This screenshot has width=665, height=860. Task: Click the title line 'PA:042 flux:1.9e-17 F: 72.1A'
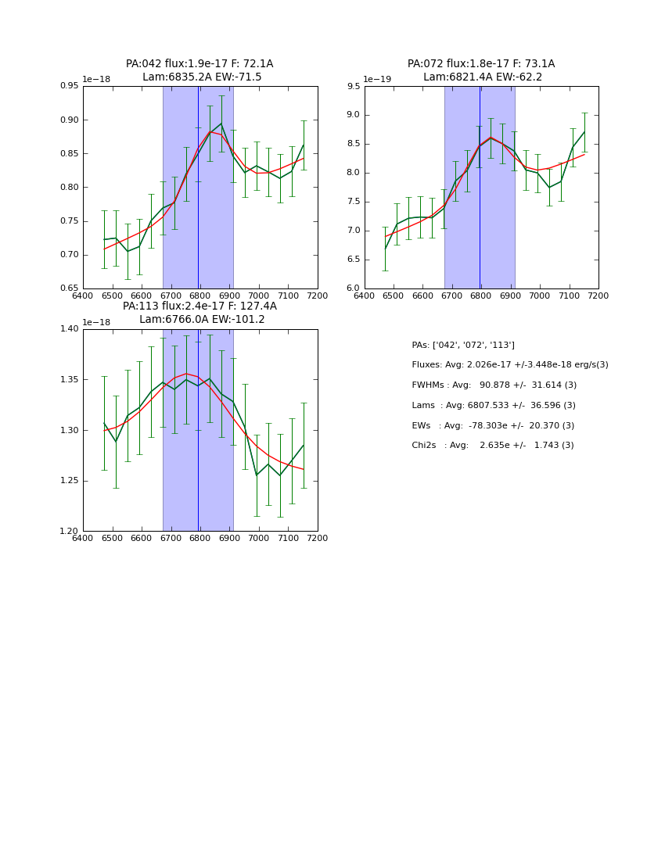(199, 64)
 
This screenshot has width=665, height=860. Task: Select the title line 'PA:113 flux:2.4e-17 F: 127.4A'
(199, 306)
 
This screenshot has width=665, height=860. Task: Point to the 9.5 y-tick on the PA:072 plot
(353, 87)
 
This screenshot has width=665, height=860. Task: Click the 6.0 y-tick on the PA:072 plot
(353, 288)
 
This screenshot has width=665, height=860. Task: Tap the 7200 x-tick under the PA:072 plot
(598, 296)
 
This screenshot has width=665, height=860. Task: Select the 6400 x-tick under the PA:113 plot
(83, 538)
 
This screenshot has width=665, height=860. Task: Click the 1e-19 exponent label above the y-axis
(377, 79)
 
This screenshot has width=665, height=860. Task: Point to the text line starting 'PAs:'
(463, 346)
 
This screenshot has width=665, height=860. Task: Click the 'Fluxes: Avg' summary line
(509, 365)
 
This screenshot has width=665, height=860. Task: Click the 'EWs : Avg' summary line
(493, 425)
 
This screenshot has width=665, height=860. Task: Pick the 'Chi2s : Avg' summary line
(492, 446)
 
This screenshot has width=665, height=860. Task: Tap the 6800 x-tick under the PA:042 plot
(199, 296)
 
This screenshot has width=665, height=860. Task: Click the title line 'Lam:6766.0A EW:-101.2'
(202, 320)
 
